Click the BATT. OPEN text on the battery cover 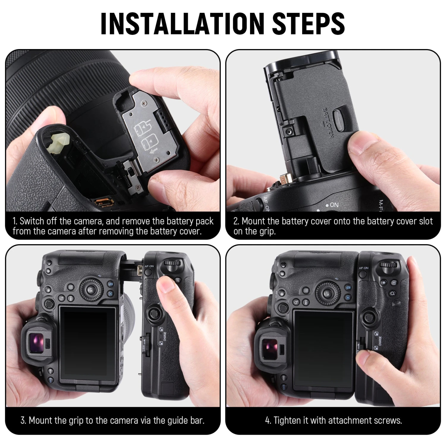pos(328,123)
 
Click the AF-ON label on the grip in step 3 pos(149,266)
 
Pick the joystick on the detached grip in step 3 pos(153,314)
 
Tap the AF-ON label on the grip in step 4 pos(363,268)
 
